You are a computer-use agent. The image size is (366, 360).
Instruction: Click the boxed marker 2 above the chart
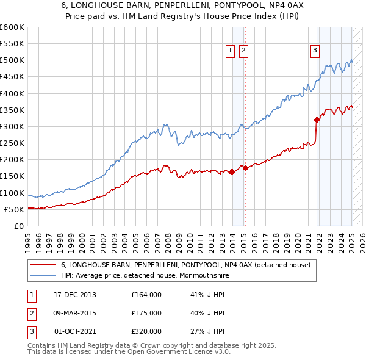pos(243,51)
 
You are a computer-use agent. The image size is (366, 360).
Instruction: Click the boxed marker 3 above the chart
pos(315,51)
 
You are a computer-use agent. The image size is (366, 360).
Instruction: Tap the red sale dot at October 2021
pos(317,120)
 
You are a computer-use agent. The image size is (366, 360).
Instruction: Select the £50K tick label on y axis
pos(14,209)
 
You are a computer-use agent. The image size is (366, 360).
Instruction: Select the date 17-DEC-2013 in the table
pos(75,295)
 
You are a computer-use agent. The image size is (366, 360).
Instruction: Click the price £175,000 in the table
pos(146,313)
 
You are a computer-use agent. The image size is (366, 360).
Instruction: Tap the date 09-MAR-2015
pos(75,313)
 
